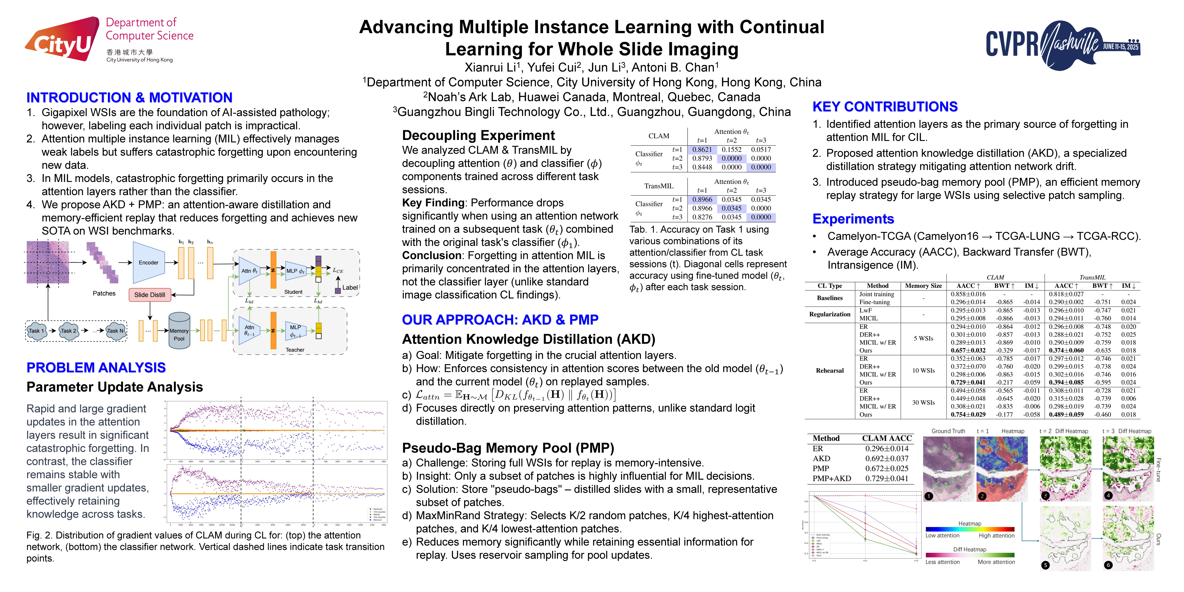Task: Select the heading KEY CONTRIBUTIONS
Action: (x=885, y=107)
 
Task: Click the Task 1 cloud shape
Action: (x=36, y=330)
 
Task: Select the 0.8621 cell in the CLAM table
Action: (x=702, y=149)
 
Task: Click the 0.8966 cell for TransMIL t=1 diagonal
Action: (x=702, y=200)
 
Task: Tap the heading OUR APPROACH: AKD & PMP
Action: (x=500, y=319)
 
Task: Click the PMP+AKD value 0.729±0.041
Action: (x=887, y=478)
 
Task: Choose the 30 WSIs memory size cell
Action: (x=923, y=403)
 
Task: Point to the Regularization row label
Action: (x=830, y=314)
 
